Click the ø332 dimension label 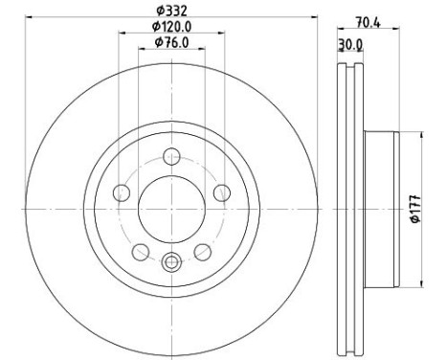click(x=171, y=11)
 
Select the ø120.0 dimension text click(x=171, y=27)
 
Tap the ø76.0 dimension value click(x=171, y=42)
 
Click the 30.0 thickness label click(x=350, y=45)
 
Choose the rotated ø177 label click(x=416, y=209)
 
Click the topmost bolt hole click(x=171, y=156)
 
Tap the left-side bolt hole click(x=122, y=192)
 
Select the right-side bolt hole click(x=222, y=192)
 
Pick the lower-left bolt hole click(x=141, y=252)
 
